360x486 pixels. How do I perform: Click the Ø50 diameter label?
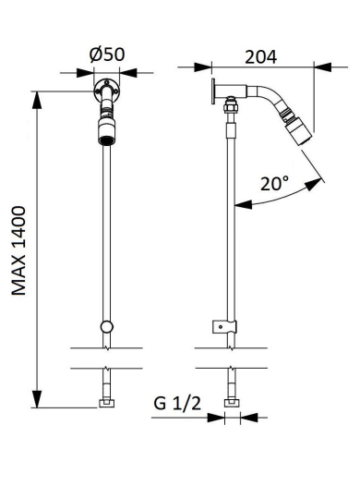[107, 55]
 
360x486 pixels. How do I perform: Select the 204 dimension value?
[260, 57]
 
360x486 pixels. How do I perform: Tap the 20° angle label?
[274, 184]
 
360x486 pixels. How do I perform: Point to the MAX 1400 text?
[18, 250]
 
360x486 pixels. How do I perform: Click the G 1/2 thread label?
[177, 404]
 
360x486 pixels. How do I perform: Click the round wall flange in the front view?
[106, 91]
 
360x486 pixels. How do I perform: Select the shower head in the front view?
[106, 131]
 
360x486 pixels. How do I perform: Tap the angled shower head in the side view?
[298, 130]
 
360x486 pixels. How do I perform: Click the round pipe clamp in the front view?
[106, 327]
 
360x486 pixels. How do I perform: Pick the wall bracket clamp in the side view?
[224, 327]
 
